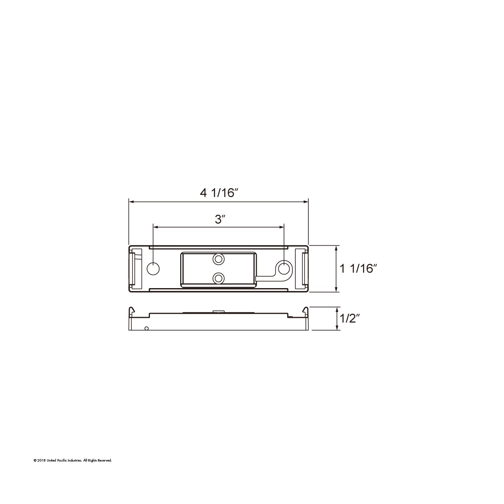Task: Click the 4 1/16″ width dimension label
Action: tap(219, 193)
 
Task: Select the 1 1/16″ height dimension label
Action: tap(357, 268)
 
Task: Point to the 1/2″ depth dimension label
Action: tap(348, 319)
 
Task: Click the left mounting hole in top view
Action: tap(154, 268)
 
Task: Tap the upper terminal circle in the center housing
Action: tap(218, 260)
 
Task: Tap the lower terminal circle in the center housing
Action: tap(218, 278)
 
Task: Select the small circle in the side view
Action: tap(146, 328)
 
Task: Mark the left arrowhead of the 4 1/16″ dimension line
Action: tap(131, 202)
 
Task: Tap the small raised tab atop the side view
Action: tap(218, 311)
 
